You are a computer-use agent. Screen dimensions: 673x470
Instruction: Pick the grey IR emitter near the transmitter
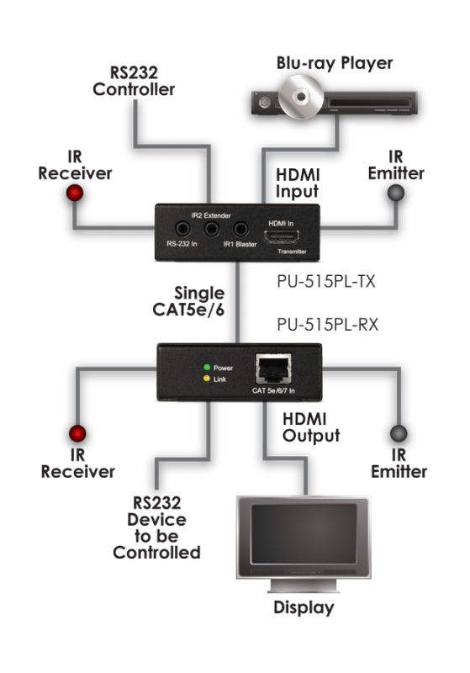click(x=395, y=195)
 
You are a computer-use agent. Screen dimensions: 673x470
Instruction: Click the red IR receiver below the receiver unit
click(x=77, y=435)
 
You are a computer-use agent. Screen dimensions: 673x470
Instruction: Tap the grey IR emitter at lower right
click(x=393, y=435)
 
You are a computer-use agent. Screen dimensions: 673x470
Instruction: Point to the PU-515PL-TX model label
click(x=325, y=283)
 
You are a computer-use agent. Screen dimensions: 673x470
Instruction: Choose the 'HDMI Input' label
click(x=299, y=183)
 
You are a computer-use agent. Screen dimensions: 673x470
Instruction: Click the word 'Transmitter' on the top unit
click(x=288, y=251)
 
